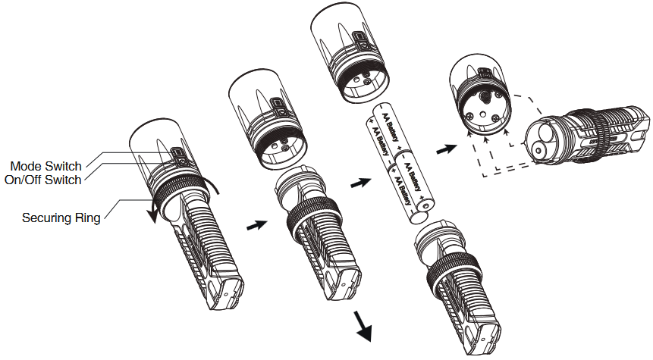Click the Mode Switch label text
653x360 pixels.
(46, 166)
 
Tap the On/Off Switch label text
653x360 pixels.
(43, 180)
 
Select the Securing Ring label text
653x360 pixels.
(61, 218)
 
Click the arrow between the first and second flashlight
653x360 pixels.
(256, 225)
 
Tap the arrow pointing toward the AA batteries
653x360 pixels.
(360, 183)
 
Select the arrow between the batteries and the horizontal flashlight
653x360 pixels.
(446, 149)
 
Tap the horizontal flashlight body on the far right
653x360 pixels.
(587, 135)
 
